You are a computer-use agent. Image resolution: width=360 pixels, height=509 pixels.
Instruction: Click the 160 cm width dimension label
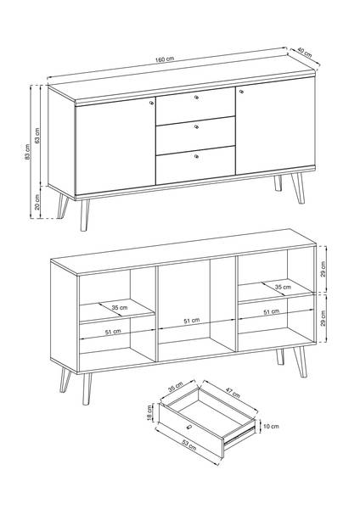(165, 59)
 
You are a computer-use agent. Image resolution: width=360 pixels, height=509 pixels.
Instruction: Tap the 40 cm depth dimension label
(305, 53)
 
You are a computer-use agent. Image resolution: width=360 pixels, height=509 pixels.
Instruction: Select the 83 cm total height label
(28, 152)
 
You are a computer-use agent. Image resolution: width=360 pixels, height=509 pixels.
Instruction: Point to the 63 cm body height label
(37, 136)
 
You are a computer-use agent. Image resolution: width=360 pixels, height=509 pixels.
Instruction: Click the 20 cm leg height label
(37, 202)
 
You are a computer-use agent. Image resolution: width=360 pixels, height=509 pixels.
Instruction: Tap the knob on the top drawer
(197, 97)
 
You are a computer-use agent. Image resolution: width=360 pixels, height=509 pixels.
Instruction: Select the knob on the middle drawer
(196, 126)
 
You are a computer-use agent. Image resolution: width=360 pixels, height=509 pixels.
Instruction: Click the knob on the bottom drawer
(196, 156)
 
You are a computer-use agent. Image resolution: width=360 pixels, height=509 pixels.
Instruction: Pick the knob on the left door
(151, 103)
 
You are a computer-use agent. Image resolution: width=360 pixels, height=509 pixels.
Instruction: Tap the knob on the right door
(241, 92)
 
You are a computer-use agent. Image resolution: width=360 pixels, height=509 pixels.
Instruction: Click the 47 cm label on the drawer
(233, 393)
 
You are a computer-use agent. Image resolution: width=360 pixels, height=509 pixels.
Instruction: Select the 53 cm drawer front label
(188, 445)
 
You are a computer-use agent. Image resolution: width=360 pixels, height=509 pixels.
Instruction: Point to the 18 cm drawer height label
(149, 412)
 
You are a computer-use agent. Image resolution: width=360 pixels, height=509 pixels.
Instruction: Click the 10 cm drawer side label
(271, 426)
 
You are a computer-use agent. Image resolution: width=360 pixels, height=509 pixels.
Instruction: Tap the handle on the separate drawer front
(188, 427)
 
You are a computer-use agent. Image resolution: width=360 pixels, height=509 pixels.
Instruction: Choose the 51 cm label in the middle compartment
(192, 321)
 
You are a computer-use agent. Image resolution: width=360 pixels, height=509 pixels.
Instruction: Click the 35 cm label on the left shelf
(120, 307)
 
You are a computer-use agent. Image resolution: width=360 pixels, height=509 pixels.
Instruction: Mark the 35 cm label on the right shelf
(283, 287)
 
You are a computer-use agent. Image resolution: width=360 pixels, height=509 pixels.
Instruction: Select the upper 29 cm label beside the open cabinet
(323, 269)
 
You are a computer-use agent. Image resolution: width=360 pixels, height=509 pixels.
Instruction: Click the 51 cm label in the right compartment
(272, 312)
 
